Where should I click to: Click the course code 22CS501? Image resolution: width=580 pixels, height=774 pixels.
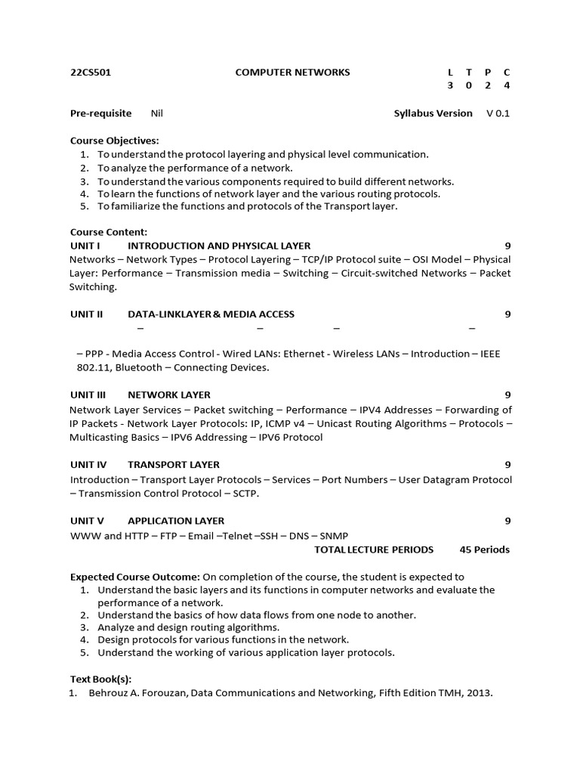pyautogui.click(x=91, y=73)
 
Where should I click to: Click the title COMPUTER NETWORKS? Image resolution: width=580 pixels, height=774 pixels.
pyautogui.click(x=292, y=73)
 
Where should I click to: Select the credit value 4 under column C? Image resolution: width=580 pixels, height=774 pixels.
pyautogui.click(x=507, y=85)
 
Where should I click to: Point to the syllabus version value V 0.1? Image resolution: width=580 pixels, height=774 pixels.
pyautogui.click(x=498, y=113)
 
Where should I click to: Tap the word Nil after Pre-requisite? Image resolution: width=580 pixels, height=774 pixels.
pyautogui.click(x=157, y=113)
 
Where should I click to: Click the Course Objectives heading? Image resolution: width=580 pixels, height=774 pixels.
pyautogui.click(x=114, y=141)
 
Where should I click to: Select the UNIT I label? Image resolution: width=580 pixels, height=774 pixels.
pyautogui.click(x=85, y=246)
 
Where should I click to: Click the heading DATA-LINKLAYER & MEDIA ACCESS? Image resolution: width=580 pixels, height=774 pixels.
pyautogui.click(x=211, y=314)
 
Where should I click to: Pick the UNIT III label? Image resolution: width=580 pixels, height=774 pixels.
pyautogui.click(x=88, y=395)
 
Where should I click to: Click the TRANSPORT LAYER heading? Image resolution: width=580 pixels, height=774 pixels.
pyautogui.click(x=174, y=465)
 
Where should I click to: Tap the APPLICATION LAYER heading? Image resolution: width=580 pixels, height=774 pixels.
pyautogui.click(x=176, y=521)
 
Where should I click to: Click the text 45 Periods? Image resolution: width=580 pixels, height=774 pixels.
pyautogui.click(x=484, y=550)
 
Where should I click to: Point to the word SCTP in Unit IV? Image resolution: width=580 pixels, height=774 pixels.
pyautogui.click(x=246, y=494)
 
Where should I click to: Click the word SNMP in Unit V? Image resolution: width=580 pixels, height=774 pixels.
pyautogui.click(x=335, y=536)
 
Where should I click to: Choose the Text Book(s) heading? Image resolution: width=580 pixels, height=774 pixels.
pyautogui.click(x=100, y=679)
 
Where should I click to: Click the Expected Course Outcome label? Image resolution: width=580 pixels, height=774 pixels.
pyautogui.click(x=134, y=576)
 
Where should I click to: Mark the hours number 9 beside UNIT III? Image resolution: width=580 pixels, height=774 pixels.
pyautogui.click(x=507, y=395)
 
